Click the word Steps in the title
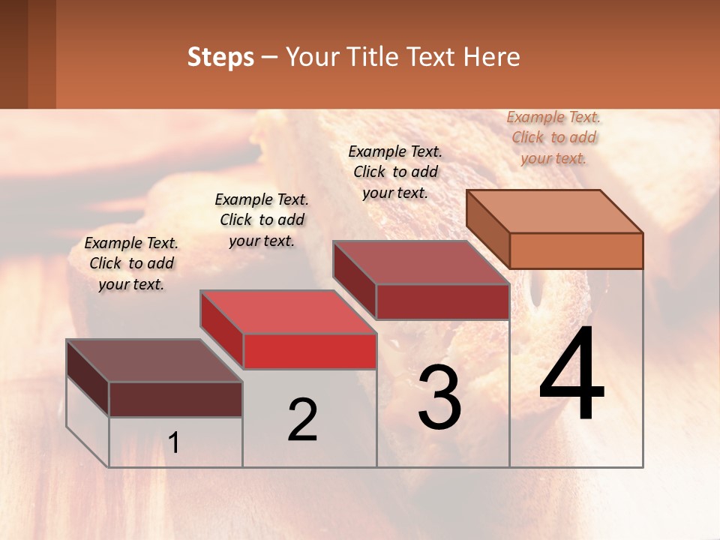(x=220, y=57)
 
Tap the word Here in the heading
(x=492, y=57)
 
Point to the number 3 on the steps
(x=439, y=397)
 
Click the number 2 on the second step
(x=302, y=420)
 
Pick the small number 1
(x=173, y=443)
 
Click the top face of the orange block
(x=555, y=211)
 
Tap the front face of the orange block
(x=576, y=250)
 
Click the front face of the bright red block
(x=310, y=351)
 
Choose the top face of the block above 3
(x=421, y=262)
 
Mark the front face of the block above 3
(x=442, y=301)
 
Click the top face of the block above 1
(x=154, y=360)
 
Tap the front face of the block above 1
(x=175, y=399)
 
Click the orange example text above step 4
(x=553, y=137)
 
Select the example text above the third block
(x=395, y=172)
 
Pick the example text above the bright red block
(x=262, y=220)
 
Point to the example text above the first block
(x=131, y=263)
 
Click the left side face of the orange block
(x=487, y=229)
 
